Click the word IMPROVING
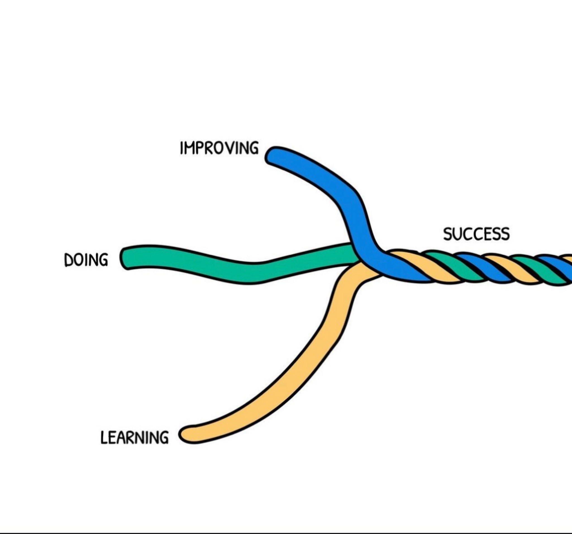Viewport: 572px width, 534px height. pos(219,148)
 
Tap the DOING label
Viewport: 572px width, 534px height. pos(86,260)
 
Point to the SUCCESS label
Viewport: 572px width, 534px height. pos(476,234)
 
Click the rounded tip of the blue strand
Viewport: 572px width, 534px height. pos(272,156)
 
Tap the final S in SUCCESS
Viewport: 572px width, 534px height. pos(505,234)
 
